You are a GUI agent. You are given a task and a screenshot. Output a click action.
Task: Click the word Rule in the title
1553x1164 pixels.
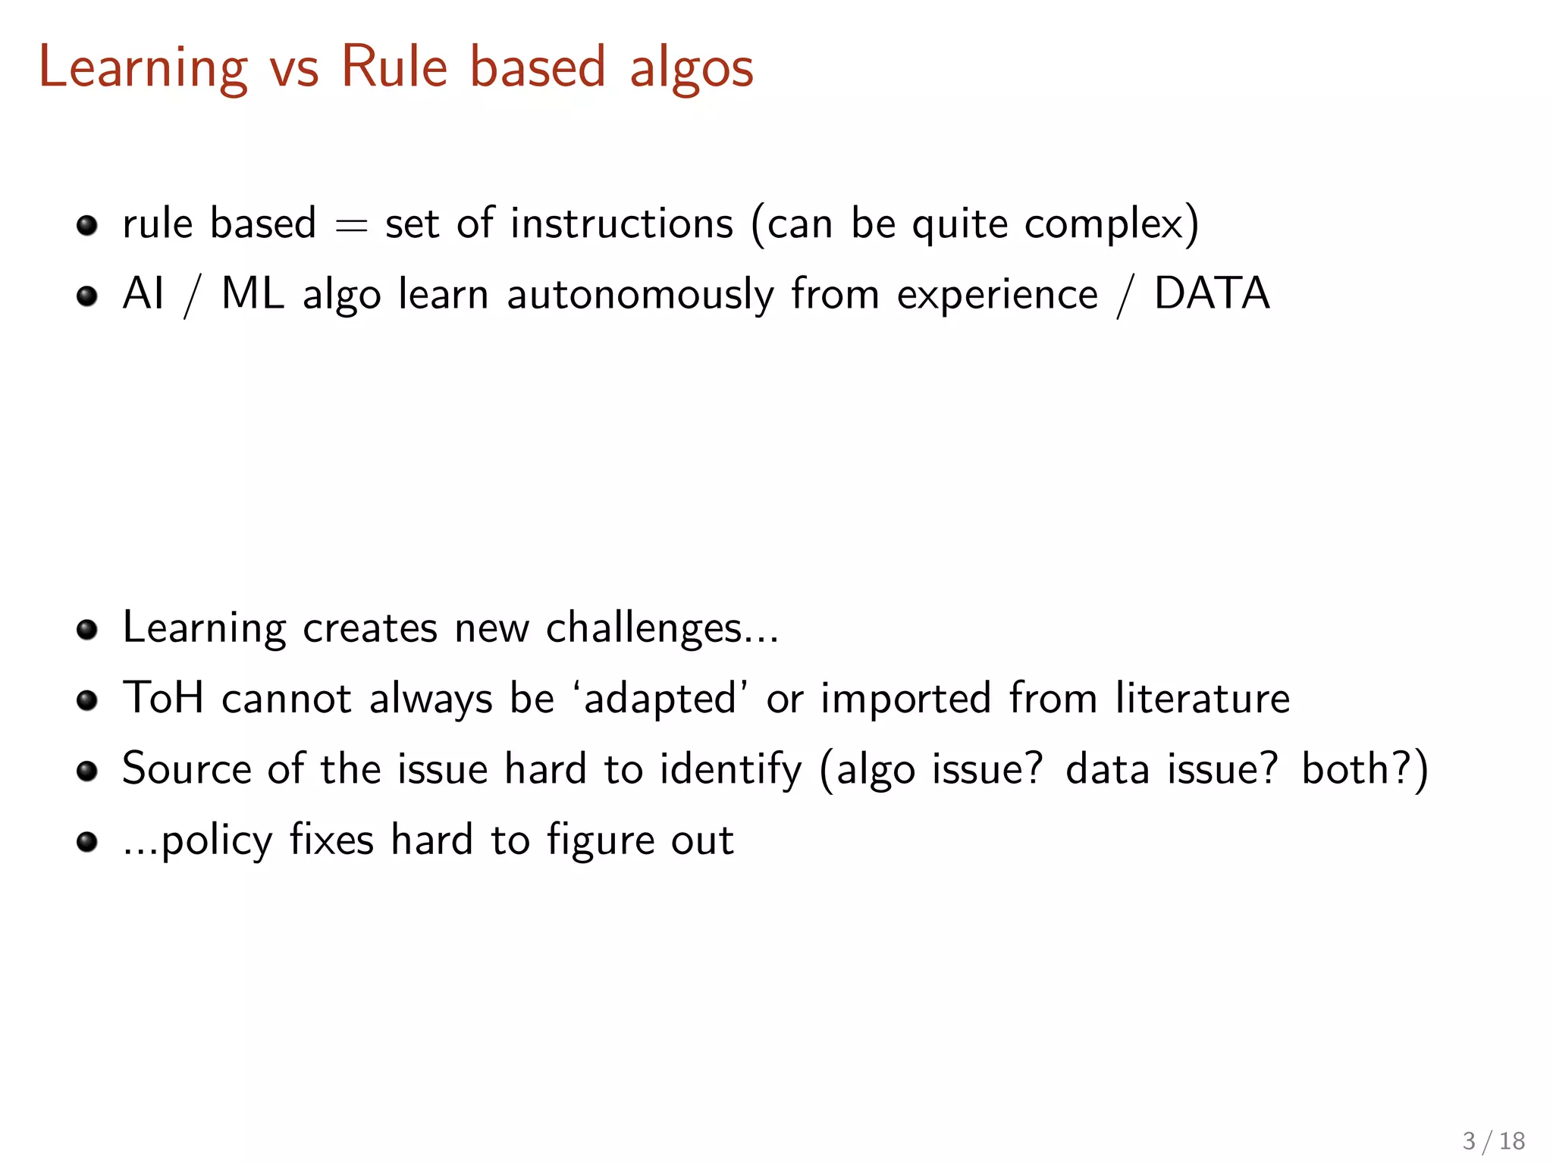pos(394,67)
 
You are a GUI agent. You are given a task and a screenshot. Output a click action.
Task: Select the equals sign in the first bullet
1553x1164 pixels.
pos(351,225)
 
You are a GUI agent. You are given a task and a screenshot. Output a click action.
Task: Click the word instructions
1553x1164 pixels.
pos(622,224)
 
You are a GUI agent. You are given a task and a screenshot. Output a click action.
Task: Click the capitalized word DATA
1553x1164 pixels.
pos(1212,293)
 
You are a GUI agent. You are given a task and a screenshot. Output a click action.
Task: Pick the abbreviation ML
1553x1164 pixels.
pos(253,293)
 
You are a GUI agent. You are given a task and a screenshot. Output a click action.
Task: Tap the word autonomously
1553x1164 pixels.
pos(640,296)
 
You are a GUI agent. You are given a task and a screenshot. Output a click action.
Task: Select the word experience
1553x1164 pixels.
pos(997,296)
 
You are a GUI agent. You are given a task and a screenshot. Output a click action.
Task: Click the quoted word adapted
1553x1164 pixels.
pos(660,699)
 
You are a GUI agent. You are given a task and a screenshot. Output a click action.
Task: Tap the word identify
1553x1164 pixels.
pos(730,769)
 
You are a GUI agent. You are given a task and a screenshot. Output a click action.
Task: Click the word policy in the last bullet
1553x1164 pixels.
pos(217,841)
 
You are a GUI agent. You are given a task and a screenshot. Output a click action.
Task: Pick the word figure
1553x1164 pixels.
pos(589,841)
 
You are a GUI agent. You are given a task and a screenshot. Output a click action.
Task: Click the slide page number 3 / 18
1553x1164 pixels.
pos(1493,1141)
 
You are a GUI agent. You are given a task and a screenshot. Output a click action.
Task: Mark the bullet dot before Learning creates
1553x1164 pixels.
pos(87,629)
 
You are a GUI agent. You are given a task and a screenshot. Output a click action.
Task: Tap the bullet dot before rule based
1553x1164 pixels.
pos(87,225)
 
